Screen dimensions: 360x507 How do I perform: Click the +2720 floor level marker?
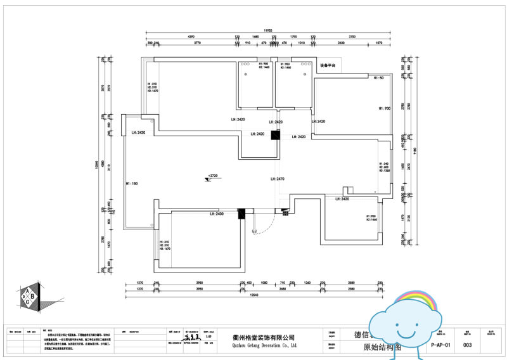tap(212, 175)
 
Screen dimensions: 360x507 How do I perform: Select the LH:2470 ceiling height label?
tap(277, 179)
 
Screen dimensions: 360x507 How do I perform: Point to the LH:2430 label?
tap(217, 214)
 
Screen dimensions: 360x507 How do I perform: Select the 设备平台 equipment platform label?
tap(328, 65)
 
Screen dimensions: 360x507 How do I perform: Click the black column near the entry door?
tap(241, 214)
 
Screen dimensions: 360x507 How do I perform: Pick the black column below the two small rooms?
tap(275, 134)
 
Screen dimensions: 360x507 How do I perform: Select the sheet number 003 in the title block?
tap(468, 345)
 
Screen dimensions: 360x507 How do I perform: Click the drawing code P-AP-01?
tap(440, 345)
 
